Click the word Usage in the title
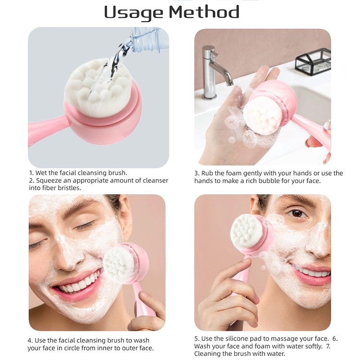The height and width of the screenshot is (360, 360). coord(134,13)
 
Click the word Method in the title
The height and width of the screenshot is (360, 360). coord(204,12)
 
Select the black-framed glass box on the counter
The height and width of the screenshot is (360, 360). coord(313,61)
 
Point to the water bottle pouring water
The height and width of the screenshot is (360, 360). coord(149,39)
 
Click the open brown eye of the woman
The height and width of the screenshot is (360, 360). coord(297,213)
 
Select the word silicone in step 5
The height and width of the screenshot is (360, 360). coord(237,339)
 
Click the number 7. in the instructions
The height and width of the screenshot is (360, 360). coord(328,346)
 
